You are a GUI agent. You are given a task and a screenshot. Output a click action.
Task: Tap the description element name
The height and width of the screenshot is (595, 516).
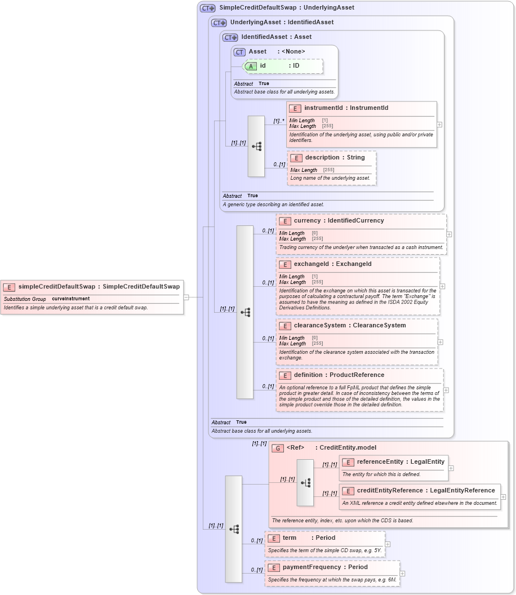[x=322, y=157]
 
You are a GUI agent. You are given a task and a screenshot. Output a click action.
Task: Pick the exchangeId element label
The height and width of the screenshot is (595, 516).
[x=313, y=264]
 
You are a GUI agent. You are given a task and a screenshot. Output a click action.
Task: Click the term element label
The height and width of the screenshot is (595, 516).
[x=290, y=538]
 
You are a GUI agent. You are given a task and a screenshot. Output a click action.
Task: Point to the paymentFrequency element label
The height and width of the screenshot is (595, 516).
[x=312, y=567]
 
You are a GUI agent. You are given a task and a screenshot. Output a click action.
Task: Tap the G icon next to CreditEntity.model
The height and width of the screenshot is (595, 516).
[x=278, y=448]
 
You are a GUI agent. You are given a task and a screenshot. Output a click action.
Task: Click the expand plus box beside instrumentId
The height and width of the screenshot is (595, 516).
[x=439, y=125]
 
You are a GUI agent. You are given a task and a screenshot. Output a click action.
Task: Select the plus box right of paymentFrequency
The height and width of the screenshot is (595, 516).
[x=402, y=574]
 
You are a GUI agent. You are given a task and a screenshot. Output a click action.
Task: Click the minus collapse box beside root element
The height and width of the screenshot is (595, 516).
[x=186, y=297]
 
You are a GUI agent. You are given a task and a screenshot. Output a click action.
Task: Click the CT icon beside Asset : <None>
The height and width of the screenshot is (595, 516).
[x=239, y=52]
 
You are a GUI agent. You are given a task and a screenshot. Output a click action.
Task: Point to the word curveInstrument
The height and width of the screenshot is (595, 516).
[x=70, y=299]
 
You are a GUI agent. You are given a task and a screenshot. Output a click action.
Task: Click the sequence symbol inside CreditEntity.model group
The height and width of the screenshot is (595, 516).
[x=305, y=483]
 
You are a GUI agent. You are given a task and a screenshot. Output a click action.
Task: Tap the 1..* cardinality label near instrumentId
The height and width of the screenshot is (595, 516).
[x=278, y=121]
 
